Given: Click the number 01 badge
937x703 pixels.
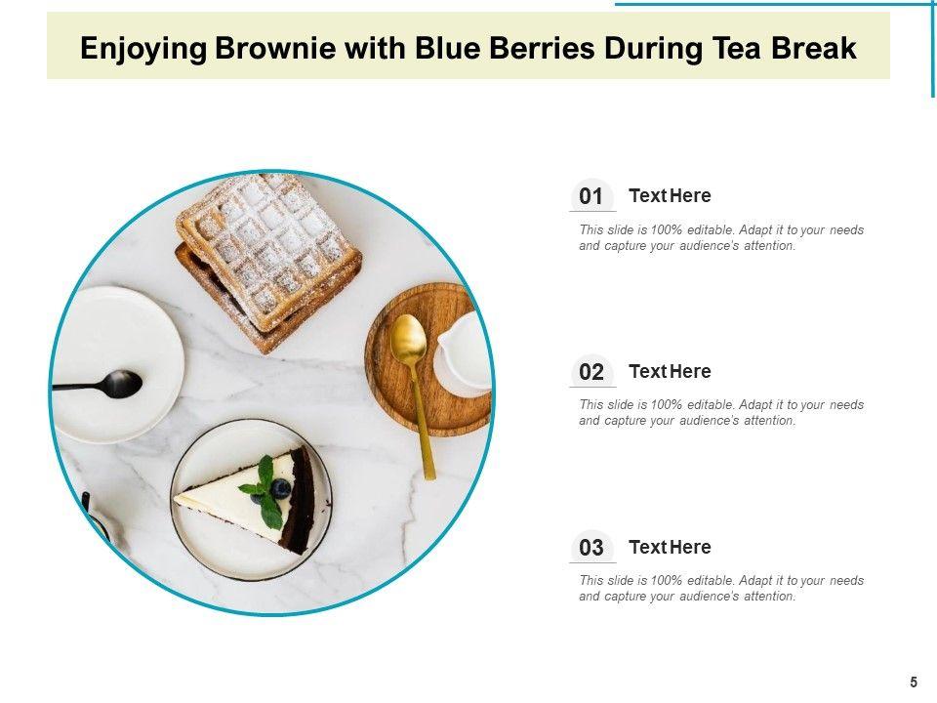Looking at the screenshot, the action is [591, 195].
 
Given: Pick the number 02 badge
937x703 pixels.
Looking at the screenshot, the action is [591, 371].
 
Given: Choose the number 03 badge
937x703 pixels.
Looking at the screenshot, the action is [591, 547].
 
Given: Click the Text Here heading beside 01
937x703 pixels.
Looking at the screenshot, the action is [670, 195].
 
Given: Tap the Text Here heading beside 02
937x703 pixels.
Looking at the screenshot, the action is [670, 371].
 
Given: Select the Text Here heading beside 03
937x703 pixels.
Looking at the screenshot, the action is [670, 547].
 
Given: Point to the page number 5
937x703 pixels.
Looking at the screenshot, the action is [914, 682].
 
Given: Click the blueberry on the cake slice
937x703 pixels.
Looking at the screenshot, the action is [280, 489].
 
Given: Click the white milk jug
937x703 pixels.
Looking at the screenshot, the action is [464, 352].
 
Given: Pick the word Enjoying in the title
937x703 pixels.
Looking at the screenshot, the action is [143, 49].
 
